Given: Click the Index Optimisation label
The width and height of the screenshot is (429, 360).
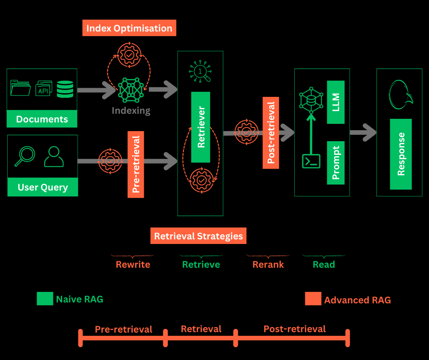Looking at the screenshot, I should pyautogui.click(x=129, y=28).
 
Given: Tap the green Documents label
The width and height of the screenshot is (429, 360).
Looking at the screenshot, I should pyautogui.click(x=42, y=119).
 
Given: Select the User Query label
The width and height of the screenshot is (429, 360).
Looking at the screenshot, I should pyautogui.click(x=42, y=187).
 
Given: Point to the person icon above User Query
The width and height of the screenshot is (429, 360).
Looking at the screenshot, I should pyautogui.click(x=54, y=157).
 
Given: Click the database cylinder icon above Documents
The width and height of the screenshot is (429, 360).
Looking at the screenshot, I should pyautogui.click(x=65, y=89).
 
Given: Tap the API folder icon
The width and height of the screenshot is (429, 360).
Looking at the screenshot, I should pyautogui.click(x=44, y=89).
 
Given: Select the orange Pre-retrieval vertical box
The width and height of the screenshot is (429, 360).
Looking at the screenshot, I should pyautogui.click(x=136, y=164).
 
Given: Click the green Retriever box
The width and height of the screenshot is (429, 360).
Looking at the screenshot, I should pyautogui.click(x=201, y=127).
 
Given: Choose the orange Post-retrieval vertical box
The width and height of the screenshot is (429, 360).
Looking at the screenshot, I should pyautogui.click(x=271, y=132).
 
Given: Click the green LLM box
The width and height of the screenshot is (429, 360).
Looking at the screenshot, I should pyautogui.click(x=336, y=102).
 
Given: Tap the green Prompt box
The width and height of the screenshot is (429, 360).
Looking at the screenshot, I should pyautogui.click(x=336, y=163).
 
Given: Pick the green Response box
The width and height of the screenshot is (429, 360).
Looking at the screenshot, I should pyautogui.click(x=401, y=154).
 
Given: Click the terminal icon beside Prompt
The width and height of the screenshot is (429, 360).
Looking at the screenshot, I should pyautogui.click(x=311, y=161).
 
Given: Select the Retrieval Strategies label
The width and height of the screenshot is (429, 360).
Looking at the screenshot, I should pyautogui.click(x=198, y=236).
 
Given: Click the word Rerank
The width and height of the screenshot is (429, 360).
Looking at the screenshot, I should pyautogui.click(x=268, y=265).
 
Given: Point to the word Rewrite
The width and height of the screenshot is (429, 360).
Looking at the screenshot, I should pyautogui.click(x=133, y=265).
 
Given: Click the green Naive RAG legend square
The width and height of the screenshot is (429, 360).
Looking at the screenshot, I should pyautogui.click(x=45, y=299).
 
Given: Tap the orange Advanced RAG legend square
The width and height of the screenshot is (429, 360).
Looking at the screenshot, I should pyautogui.click(x=313, y=299).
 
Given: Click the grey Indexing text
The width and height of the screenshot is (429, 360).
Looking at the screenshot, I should pyautogui.click(x=131, y=111).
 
